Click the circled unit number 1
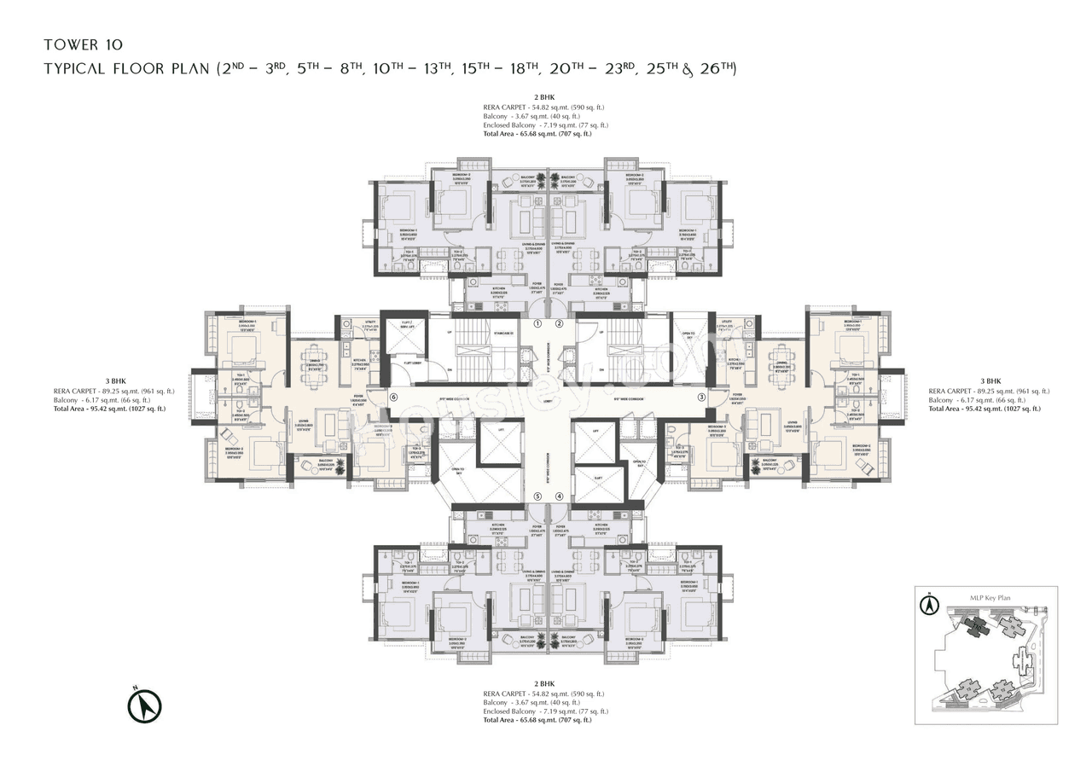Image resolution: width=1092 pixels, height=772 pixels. click(x=537, y=324)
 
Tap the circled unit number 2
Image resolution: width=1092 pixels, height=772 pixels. click(x=560, y=324)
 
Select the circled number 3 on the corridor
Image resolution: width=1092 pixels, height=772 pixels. click(x=701, y=397)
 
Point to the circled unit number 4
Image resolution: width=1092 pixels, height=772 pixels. click(x=560, y=496)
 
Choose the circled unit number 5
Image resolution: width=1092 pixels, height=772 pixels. click(x=537, y=496)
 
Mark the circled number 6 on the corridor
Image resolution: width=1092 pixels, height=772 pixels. click(x=393, y=397)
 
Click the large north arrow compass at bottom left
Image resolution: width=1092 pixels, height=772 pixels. click(x=145, y=705)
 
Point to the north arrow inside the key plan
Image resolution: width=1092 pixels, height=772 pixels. click(x=928, y=607)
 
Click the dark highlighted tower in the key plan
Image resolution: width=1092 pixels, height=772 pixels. click(x=973, y=629)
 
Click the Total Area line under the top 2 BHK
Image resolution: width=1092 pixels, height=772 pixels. click(x=543, y=134)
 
